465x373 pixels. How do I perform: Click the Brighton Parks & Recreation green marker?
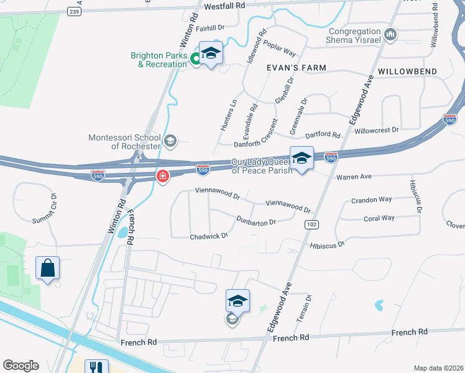195,60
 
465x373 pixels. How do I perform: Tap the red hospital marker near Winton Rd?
163,177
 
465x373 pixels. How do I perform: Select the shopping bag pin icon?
48,269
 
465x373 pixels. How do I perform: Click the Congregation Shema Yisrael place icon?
390,34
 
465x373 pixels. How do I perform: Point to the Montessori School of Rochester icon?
170,142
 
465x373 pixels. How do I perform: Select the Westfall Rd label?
225,6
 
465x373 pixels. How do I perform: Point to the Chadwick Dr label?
209,236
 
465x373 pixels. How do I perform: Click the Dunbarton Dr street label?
256,220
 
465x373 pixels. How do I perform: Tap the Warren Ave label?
354,177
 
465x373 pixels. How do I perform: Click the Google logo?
21,366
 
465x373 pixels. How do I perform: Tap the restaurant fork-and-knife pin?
96,367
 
